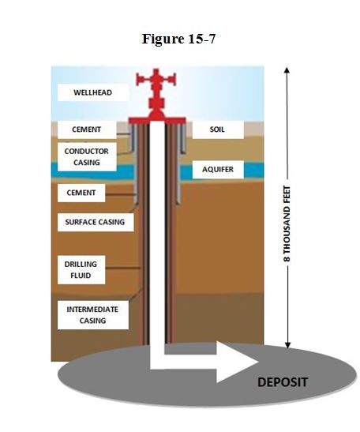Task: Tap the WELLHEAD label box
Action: pyautogui.click(x=92, y=92)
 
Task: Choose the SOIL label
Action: pyautogui.click(x=218, y=129)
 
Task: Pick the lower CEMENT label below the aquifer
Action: pyautogui.click(x=81, y=193)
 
